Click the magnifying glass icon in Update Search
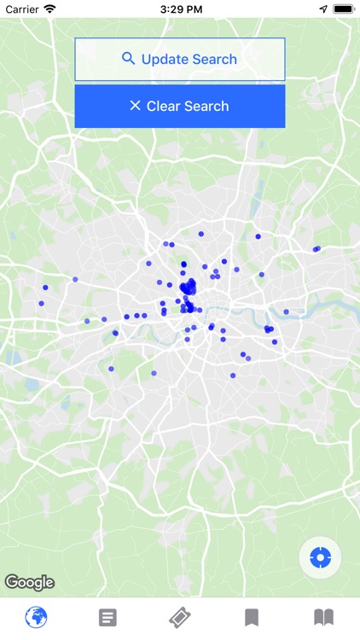pyautogui.click(x=129, y=59)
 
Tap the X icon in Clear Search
pyautogui.click(x=135, y=106)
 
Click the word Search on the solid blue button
pyautogui.click(x=204, y=106)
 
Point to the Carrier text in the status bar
pyautogui.click(x=22, y=9)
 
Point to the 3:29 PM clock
pyautogui.click(x=179, y=9)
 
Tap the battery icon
pyautogui.click(x=344, y=9)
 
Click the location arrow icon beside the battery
pyautogui.click(x=323, y=9)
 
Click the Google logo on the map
pyautogui.click(x=29, y=583)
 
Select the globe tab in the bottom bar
pyautogui.click(x=36, y=617)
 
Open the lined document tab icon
pyautogui.click(x=107, y=617)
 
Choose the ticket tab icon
pyautogui.click(x=179, y=617)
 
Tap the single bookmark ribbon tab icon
pyautogui.click(x=252, y=617)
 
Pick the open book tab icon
pyautogui.click(x=323, y=617)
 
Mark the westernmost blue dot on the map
pyautogui.click(x=41, y=303)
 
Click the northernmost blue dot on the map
pyautogui.click(x=201, y=234)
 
